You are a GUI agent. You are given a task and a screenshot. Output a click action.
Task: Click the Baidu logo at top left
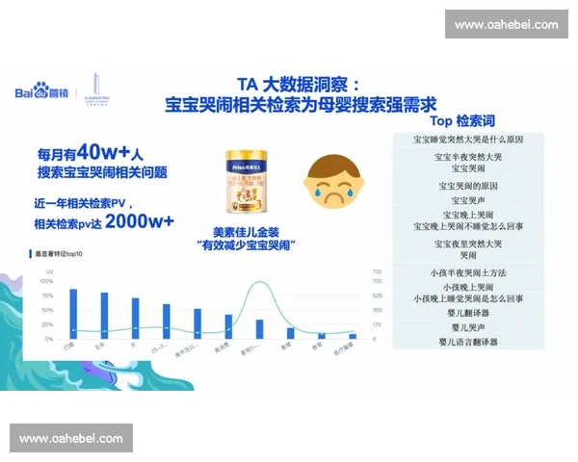pyautogui.click(x=37, y=92)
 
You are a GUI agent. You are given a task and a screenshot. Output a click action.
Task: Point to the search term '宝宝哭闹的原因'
pyautogui.click(x=469, y=185)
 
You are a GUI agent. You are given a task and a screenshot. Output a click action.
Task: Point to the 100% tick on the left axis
pyautogui.click(x=46, y=281)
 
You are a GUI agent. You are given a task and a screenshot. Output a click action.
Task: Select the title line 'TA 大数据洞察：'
pyautogui.click(x=301, y=84)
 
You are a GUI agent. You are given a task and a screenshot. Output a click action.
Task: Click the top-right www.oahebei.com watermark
pyautogui.click(x=506, y=24)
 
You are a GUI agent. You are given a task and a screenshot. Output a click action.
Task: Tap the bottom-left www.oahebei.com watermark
pyautogui.click(x=72, y=439)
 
